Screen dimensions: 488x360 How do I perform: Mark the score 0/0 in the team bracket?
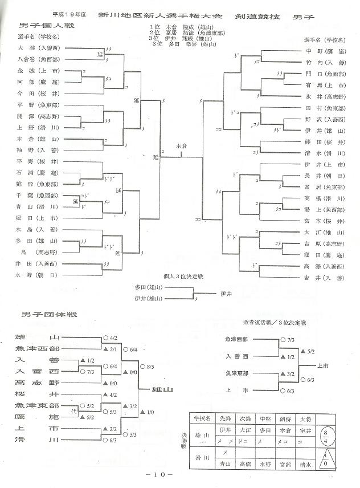tap(134, 372)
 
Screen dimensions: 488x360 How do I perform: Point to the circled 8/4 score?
tap(331, 436)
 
